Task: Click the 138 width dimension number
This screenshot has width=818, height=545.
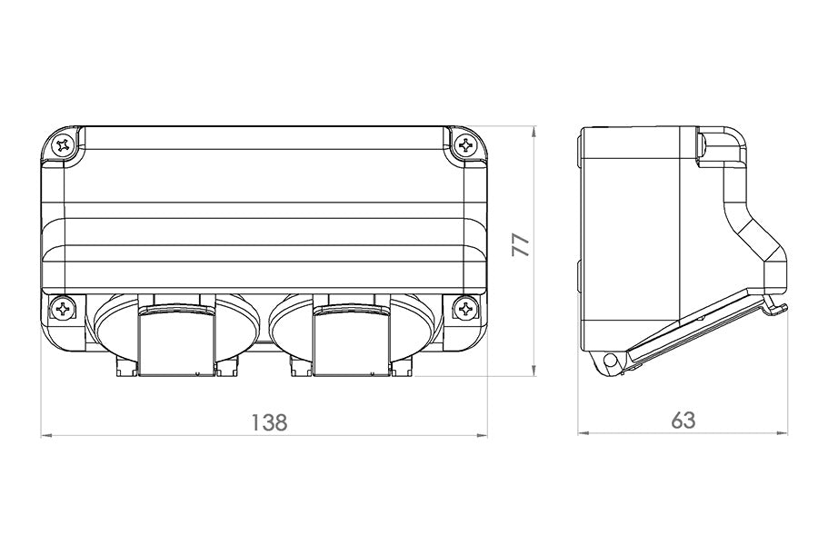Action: [x=270, y=421]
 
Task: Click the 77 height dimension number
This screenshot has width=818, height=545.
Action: [x=520, y=245]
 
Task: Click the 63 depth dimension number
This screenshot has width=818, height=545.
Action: [x=683, y=421]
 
